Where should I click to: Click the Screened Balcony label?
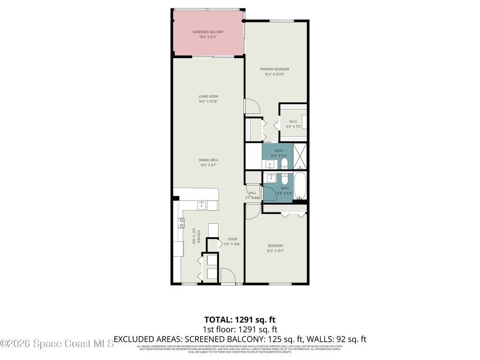pyautogui.click(x=208, y=32)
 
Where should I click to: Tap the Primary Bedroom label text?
pyautogui.click(x=275, y=69)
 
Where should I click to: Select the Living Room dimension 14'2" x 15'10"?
pyautogui.click(x=208, y=101)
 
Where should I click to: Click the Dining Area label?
pyautogui.click(x=208, y=160)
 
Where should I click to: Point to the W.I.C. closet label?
pyautogui.click(x=293, y=122)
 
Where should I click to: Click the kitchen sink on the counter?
pyautogui.click(x=201, y=205)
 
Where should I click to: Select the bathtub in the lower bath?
pyautogui.click(x=300, y=186)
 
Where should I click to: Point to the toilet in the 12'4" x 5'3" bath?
pyautogui.click(x=284, y=164)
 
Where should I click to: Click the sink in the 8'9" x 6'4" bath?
pyautogui.click(x=271, y=178)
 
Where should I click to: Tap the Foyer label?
pyautogui.click(x=232, y=239)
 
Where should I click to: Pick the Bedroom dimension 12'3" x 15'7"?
pyautogui.click(x=276, y=251)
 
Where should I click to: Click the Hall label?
pyautogui.click(x=253, y=193)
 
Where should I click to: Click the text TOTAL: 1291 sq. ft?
pyautogui.click(x=240, y=319)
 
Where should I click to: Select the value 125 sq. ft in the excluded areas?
pyautogui.click(x=283, y=339)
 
